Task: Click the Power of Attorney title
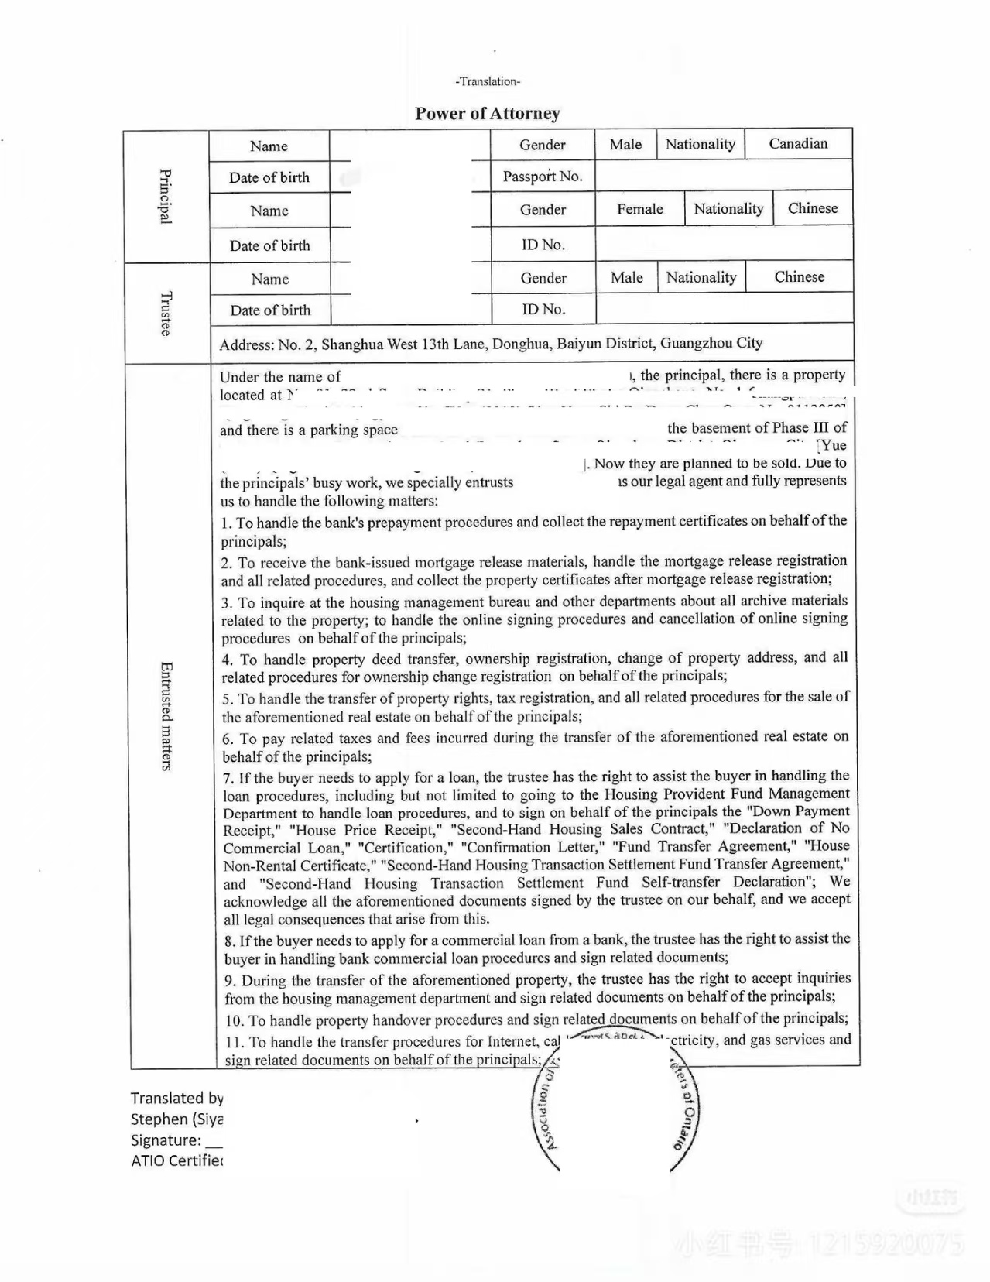(x=487, y=114)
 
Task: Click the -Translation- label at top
(x=488, y=81)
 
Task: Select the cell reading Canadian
(x=798, y=143)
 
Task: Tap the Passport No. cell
(x=542, y=176)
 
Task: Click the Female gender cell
(x=639, y=209)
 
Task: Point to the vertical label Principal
(x=166, y=196)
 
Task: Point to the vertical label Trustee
(x=166, y=313)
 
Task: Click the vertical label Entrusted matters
(x=166, y=715)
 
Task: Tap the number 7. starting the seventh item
(x=228, y=778)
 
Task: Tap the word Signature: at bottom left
(x=166, y=1140)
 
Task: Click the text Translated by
(x=176, y=1098)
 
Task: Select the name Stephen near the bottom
(x=159, y=1119)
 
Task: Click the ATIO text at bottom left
(x=147, y=1160)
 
